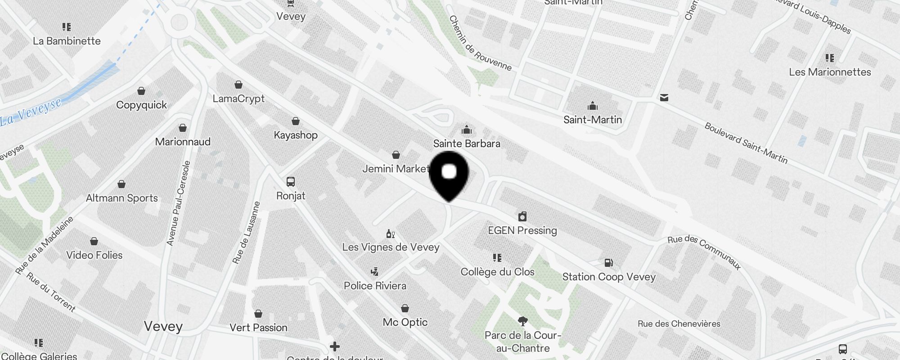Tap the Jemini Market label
[396, 169]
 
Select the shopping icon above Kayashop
[296, 121]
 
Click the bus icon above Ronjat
[291, 182]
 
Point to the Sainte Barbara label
[467, 144]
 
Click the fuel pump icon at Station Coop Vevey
[608, 262]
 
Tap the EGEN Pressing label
[522, 230]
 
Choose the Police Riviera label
[375, 286]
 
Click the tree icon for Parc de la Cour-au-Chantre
[522, 321]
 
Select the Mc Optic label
[405, 322]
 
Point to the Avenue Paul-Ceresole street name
[179, 203]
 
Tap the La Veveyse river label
[31, 112]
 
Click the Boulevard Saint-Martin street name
[746, 143]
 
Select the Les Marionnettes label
[830, 72]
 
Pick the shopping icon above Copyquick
[141, 91]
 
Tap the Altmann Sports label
[121, 198]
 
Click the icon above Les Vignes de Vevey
[391, 234]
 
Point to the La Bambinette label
[67, 41]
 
